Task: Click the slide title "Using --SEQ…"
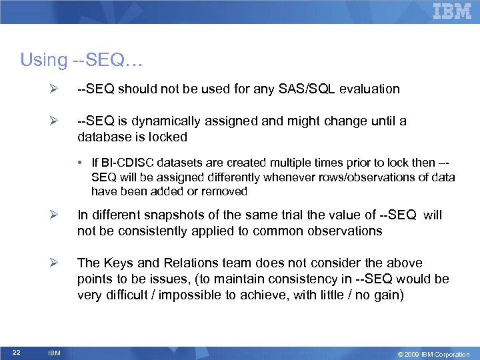tap(81, 60)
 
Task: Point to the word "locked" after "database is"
tap(168, 137)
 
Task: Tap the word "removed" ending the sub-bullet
tap(226, 191)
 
